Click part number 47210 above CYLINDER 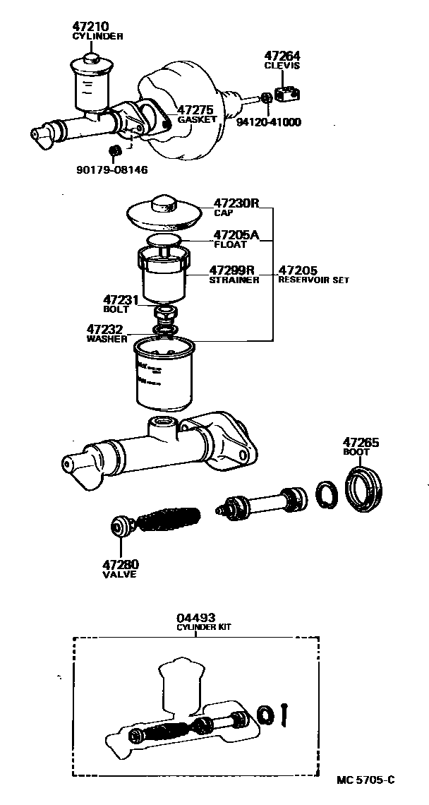(90, 26)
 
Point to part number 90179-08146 (112, 169)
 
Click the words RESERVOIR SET (313, 280)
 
